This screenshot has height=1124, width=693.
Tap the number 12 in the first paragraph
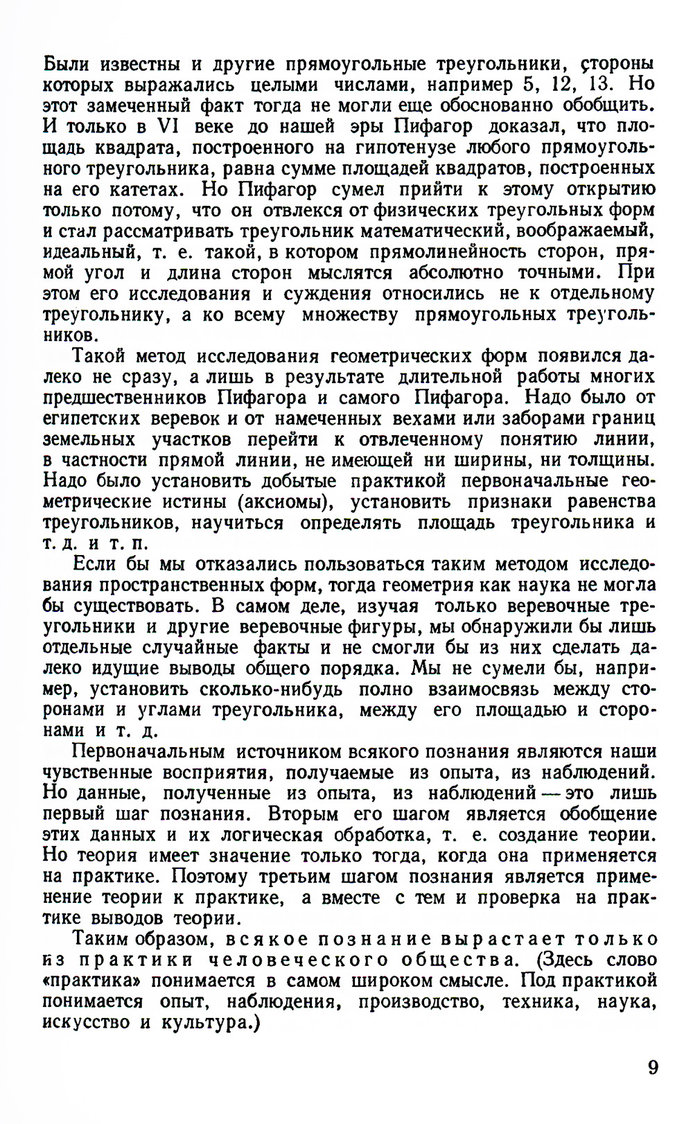coord(559,85)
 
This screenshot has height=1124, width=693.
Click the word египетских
coord(91,419)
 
